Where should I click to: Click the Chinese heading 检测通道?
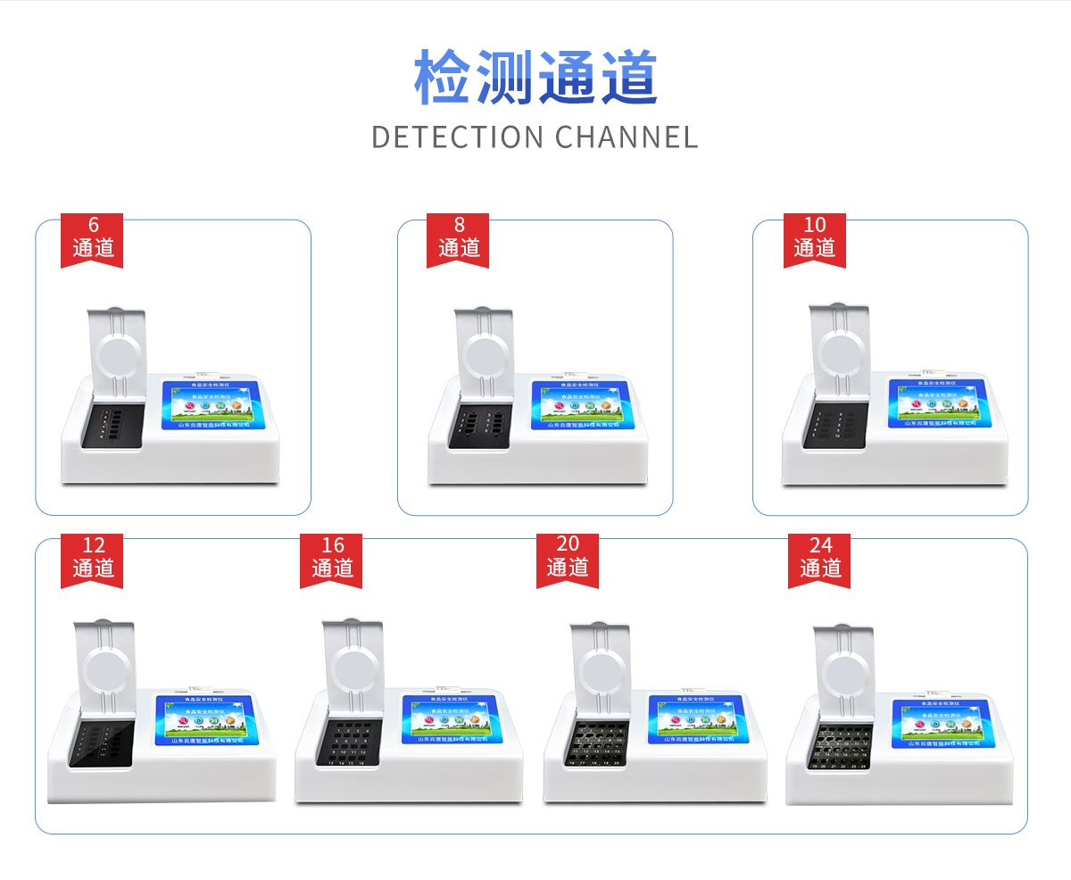click(535, 78)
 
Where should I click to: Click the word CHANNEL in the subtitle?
click(627, 137)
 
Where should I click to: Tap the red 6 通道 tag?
click(92, 238)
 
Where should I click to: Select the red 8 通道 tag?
click(458, 238)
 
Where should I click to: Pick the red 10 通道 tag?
click(814, 238)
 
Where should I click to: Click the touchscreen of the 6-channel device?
click(211, 404)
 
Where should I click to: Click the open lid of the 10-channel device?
click(839, 353)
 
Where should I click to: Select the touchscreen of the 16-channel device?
click(450, 718)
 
